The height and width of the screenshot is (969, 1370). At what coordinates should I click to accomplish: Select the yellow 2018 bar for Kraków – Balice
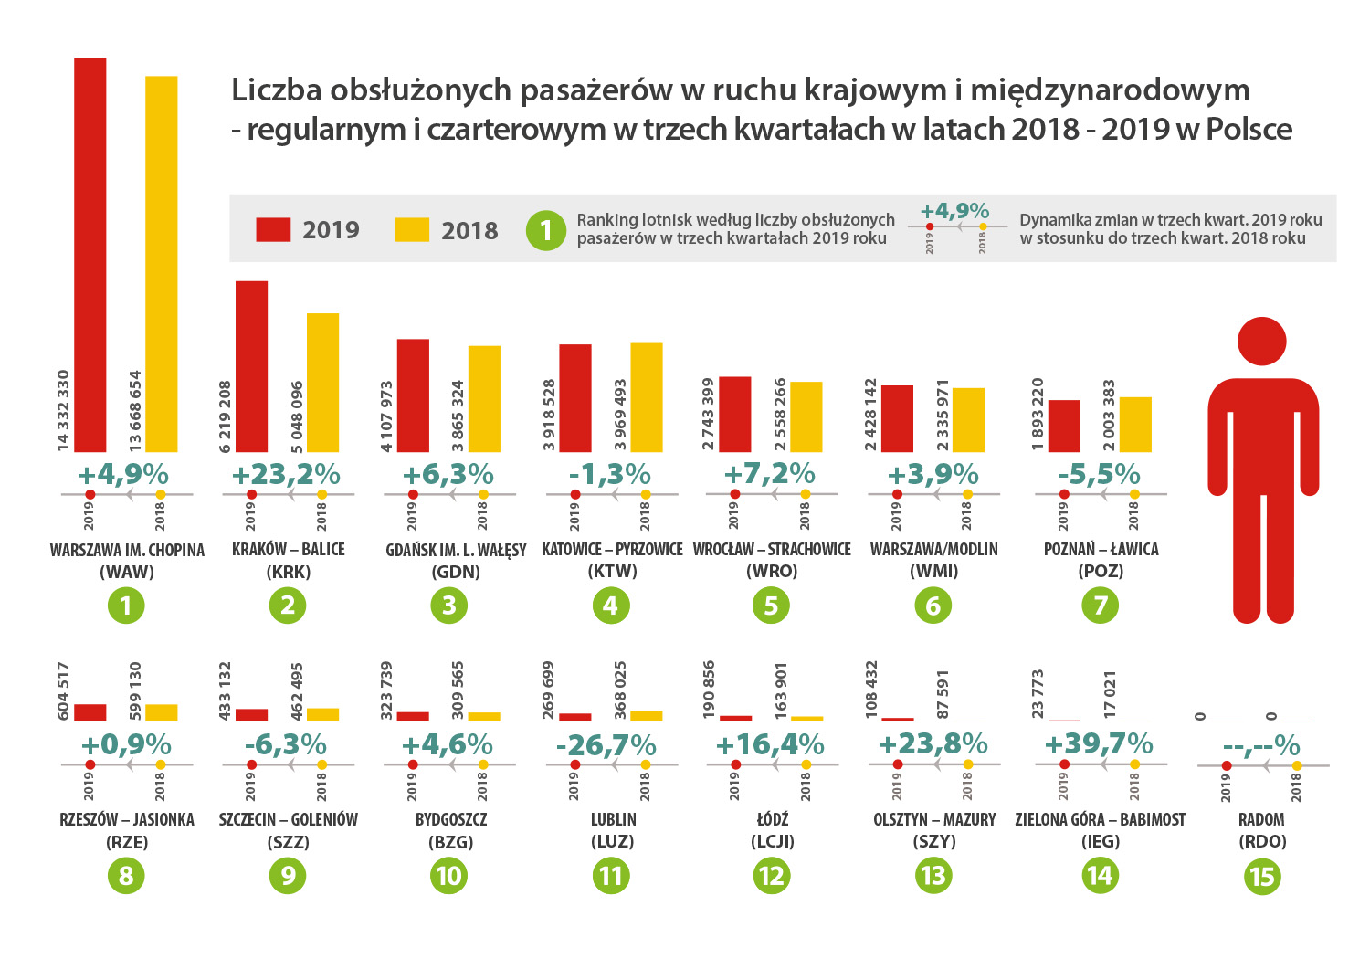click(x=322, y=383)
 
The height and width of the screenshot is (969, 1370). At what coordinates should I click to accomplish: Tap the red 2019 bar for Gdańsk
click(x=413, y=395)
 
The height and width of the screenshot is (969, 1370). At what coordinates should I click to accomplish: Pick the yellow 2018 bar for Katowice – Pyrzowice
click(x=647, y=397)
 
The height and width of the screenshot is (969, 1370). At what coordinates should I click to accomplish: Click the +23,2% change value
click(x=286, y=475)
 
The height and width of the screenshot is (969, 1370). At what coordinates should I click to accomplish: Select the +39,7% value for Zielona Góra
click(x=1099, y=743)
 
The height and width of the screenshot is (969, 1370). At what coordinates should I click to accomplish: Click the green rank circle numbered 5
click(x=772, y=606)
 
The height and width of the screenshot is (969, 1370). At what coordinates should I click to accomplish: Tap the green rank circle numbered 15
click(x=1261, y=877)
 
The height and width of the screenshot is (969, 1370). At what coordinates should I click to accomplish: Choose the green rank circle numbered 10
click(x=448, y=877)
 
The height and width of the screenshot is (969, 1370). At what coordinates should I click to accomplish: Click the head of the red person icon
click(x=1261, y=342)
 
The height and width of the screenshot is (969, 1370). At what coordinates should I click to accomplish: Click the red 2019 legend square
click(x=273, y=229)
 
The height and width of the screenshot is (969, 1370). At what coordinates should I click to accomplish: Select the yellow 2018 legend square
click(x=412, y=229)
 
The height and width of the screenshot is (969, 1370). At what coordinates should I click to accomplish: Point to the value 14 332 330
click(x=63, y=410)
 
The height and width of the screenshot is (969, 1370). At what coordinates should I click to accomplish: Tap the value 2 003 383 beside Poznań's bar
click(x=1109, y=416)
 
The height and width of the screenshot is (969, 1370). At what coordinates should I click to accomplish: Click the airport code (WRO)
click(x=772, y=572)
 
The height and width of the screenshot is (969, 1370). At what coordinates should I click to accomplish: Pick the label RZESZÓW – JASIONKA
click(x=127, y=819)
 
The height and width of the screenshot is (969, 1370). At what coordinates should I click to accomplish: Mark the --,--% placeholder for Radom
click(x=1261, y=746)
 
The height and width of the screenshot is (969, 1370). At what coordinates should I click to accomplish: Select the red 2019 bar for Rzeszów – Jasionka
click(x=90, y=712)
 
